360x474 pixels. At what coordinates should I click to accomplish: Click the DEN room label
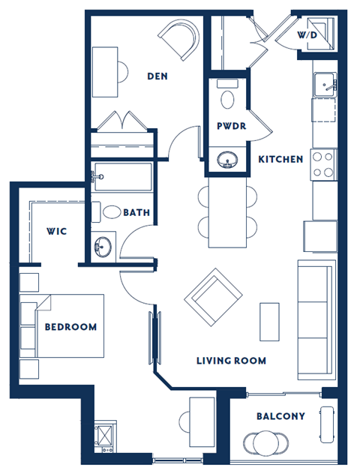[157, 76]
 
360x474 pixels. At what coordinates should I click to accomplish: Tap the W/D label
[306, 35]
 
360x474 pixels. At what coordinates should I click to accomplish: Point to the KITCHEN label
[280, 159]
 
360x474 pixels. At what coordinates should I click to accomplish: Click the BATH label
[136, 213]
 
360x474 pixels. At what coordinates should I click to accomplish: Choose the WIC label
[56, 231]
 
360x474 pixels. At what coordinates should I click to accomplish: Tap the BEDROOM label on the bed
[70, 327]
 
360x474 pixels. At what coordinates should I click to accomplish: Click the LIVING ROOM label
[231, 361]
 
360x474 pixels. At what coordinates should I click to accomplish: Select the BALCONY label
[280, 416]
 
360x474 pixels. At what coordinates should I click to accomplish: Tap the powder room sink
[226, 159]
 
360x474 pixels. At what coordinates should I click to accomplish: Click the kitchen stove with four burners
[322, 165]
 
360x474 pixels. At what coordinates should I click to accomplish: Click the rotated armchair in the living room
[213, 295]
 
